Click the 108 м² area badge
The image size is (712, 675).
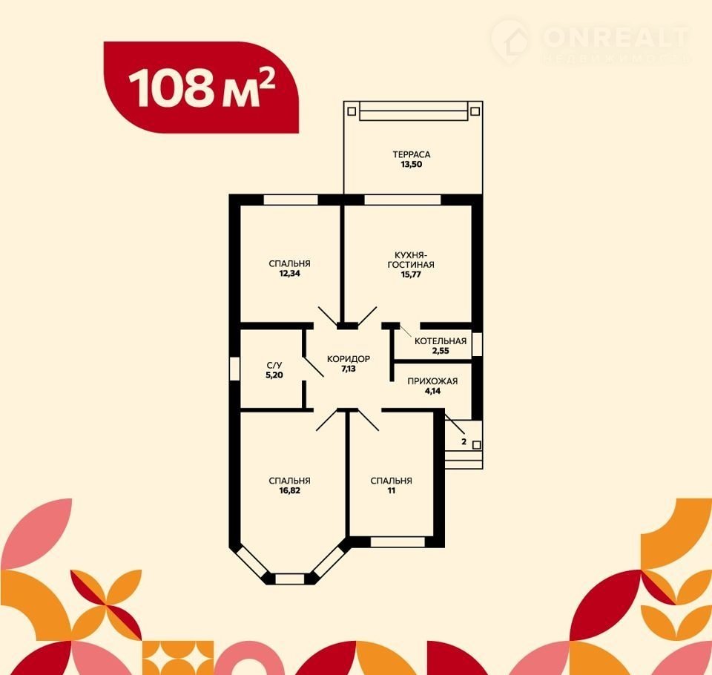201,88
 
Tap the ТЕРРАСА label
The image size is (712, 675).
412,154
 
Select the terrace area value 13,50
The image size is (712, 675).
412,165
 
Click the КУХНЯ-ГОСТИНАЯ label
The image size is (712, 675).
411,260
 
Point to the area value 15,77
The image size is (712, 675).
411,274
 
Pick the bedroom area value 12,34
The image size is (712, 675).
290,274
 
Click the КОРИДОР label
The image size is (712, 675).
349,359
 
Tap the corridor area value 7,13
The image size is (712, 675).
349,369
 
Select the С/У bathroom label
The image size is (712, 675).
274,365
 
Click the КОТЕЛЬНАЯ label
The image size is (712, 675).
441,341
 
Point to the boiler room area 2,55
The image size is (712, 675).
441,351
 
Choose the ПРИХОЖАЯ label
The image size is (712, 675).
432,381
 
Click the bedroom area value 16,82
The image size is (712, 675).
290,490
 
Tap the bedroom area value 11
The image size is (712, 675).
392,490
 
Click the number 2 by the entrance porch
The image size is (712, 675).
464,441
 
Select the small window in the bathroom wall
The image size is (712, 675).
234,369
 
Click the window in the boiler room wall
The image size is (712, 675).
477,344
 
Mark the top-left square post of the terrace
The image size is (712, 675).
352,111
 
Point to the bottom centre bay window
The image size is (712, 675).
290,579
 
